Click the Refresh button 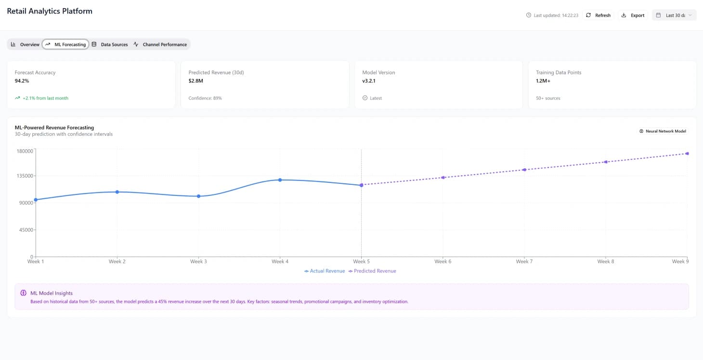pyautogui.click(x=598, y=15)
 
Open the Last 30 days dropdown pyautogui.click(x=674, y=15)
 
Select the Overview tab pyautogui.click(x=25, y=44)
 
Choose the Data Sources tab pyautogui.click(x=110, y=44)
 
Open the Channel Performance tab pyautogui.click(x=160, y=44)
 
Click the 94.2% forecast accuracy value pyautogui.click(x=22, y=81)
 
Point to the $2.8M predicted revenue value pyautogui.click(x=196, y=81)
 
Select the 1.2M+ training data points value pyautogui.click(x=543, y=81)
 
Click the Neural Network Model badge pyautogui.click(x=663, y=131)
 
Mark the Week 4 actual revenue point pyautogui.click(x=280, y=180)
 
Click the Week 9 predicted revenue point pyautogui.click(x=687, y=154)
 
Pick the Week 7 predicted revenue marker pyautogui.click(x=524, y=169)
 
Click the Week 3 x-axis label pyautogui.click(x=198, y=261)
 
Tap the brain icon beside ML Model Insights pyautogui.click(x=23, y=293)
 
